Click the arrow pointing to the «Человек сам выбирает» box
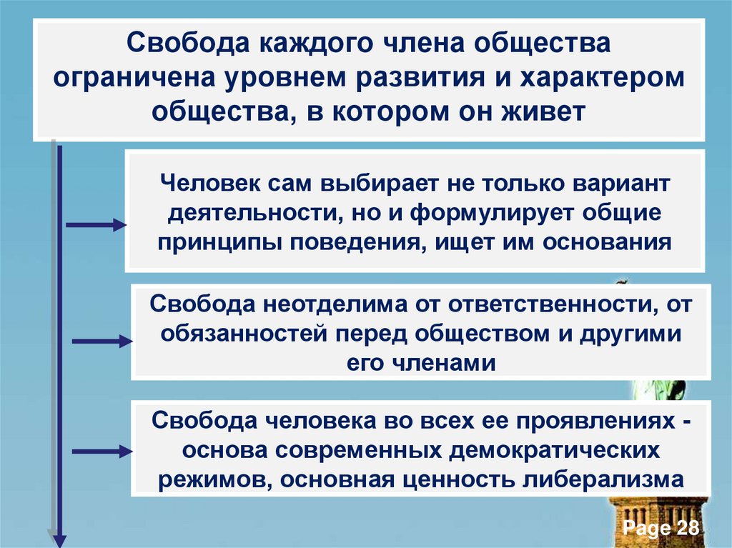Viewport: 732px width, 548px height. (x=96, y=226)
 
